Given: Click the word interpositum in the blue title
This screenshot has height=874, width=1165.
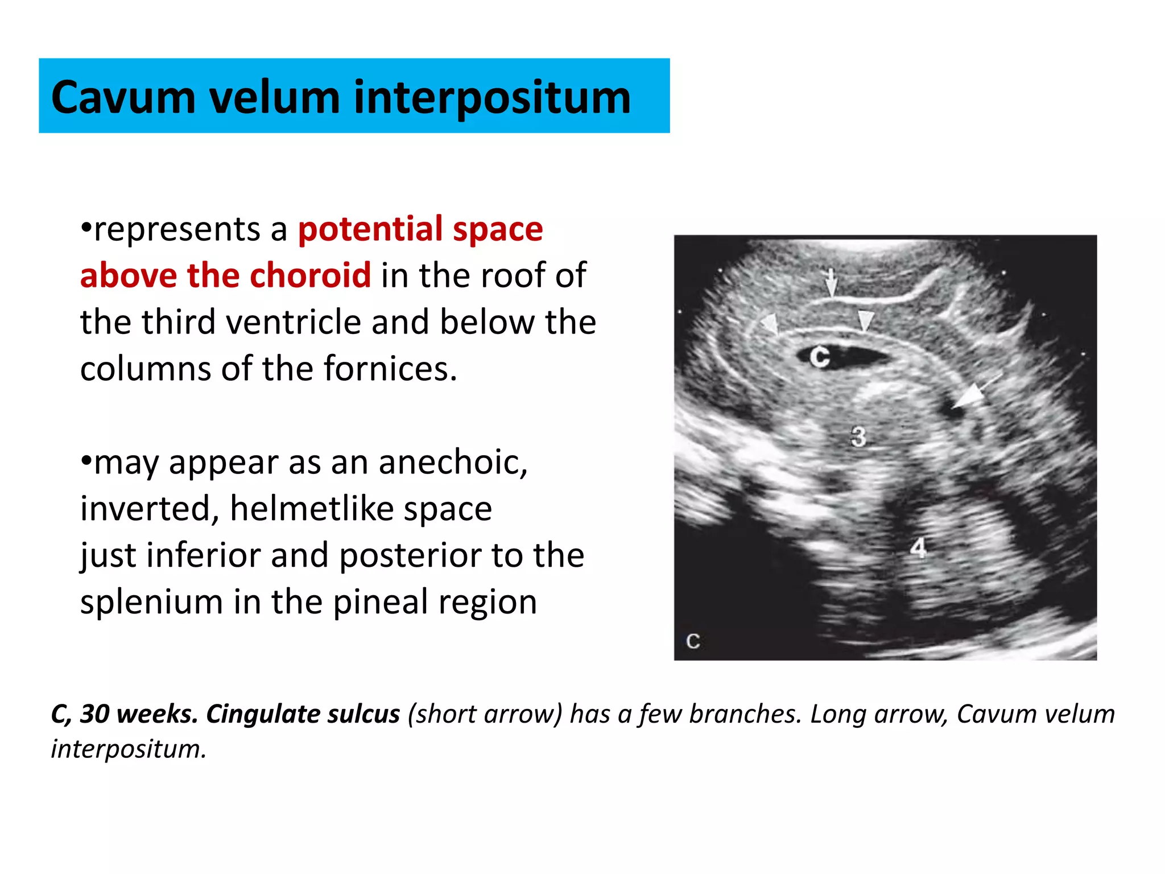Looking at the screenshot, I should [492, 98].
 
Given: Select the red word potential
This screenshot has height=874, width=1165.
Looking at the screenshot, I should [370, 230].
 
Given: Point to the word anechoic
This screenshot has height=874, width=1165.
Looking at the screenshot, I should [453, 462].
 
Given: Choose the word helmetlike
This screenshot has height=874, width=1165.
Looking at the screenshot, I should [361, 509].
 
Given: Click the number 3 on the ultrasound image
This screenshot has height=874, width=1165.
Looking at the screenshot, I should [858, 437].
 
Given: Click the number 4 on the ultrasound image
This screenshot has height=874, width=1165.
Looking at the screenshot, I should [918, 548].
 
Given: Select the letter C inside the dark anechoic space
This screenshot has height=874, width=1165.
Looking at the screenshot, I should [820, 357].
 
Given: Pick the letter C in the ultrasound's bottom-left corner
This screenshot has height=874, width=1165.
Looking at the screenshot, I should [693, 641].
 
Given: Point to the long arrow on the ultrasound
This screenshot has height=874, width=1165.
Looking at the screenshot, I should [974, 393].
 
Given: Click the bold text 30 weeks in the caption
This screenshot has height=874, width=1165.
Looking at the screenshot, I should [139, 714].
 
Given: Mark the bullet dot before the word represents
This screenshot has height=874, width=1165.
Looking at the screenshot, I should [86, 228].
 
